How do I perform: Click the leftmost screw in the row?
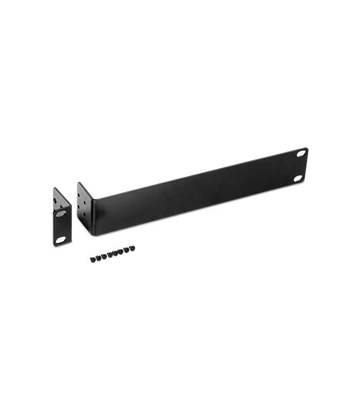93,259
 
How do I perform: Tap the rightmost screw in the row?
132,248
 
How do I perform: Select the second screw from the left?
98,257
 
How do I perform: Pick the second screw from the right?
127,250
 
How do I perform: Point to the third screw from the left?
103,256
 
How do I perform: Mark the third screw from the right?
121,252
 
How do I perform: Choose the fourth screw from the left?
110,255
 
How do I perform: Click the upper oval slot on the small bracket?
61,214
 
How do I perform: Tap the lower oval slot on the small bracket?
61,240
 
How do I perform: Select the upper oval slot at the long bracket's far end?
299,154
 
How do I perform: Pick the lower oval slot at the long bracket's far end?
299,178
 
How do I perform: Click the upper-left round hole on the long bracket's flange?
79,195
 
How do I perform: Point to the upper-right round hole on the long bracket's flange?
85,202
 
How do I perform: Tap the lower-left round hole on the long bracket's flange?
79,207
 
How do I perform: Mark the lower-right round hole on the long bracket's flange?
84,214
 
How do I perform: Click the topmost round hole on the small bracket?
55,200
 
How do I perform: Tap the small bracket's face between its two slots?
62,227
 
